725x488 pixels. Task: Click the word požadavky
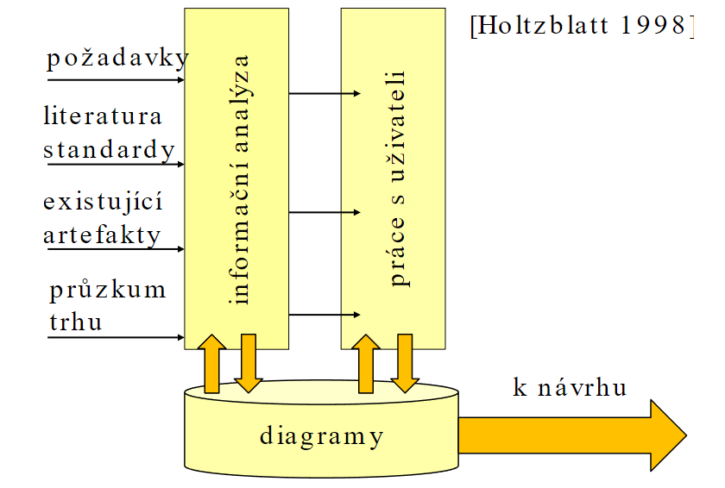click(x=117, y=59)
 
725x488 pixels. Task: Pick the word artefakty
click(x=103, y=235)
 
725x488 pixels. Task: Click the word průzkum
click(x=108, y=289)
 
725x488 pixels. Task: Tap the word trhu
click(x=76, y=322)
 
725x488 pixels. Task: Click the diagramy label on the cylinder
click(x=321, y=436)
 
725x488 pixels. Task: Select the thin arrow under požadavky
click(x=117, y=80)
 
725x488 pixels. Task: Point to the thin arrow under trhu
click(x=117, y=337)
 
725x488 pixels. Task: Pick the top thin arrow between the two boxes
click(x=324, y=92)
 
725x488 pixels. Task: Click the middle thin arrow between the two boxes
click(x=324, y=212)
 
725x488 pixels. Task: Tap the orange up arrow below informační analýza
click(x=212, y=364)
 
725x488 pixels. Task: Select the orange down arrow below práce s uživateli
click(x=403, y=364)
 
